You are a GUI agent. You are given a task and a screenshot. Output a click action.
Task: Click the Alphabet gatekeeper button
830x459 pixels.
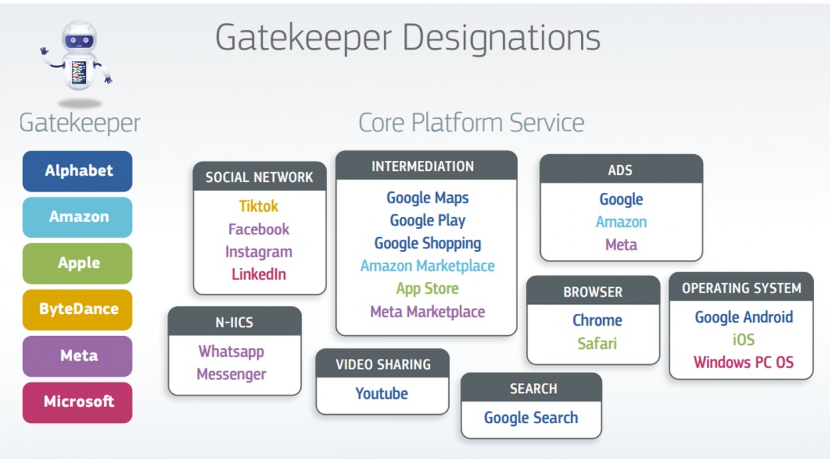[77, 171]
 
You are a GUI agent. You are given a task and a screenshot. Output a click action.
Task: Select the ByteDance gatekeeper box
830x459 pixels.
[77, 310]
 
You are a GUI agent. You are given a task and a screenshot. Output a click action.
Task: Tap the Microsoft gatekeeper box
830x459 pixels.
[77, 402]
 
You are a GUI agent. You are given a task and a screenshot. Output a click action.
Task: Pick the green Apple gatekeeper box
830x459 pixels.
[77, 263]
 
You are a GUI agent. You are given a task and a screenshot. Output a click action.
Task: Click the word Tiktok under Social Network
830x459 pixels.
[259, 207]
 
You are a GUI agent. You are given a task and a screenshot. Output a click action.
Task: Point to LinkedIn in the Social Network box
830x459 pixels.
[259, 274]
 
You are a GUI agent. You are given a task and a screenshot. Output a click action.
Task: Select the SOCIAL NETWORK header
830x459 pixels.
[259, 177]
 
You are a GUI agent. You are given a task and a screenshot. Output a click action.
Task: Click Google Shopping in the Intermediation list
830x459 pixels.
[427, 244]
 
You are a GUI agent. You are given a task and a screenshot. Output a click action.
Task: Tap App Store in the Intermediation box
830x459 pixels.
[427, 289]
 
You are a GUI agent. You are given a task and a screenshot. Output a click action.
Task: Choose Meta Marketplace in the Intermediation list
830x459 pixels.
[427, 312]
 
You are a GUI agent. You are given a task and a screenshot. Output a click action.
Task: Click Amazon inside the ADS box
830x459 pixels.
[621, 223]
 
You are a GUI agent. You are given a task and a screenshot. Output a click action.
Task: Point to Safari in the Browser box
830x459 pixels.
[597, 344]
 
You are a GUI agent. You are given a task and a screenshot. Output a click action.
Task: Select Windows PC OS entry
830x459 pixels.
[744, 362]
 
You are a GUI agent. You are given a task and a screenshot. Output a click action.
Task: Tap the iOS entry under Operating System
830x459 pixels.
[744, 339]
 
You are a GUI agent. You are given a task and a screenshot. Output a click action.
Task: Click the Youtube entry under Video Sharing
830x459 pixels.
[382, 393]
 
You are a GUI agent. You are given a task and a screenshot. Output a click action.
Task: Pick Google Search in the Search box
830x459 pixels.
[531, 418]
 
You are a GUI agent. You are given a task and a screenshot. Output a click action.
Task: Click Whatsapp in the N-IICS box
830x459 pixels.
[231, 352]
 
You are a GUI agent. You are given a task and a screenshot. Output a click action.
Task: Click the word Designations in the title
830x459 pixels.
[501, 39]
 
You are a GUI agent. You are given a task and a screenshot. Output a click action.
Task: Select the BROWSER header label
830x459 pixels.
[593, 292]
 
